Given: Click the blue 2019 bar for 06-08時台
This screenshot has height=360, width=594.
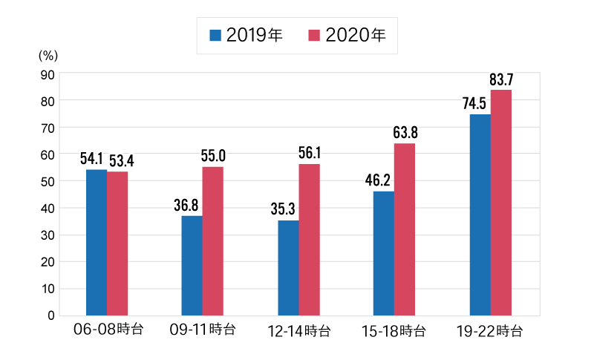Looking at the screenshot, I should coord(97,242).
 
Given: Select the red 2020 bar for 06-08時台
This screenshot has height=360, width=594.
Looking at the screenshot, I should coord(117,243).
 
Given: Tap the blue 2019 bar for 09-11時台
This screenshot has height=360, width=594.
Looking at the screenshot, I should coord(192,265).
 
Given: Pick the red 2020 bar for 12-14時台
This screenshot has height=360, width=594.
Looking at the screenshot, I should coord(309,239).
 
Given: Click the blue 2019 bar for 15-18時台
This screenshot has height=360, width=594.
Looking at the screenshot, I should coord(383,253).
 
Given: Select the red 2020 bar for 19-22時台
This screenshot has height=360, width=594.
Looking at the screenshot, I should coord(501,202).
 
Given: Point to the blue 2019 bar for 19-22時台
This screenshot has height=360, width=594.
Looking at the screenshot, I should coord(480,215).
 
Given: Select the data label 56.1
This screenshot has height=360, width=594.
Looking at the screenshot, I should coord(310,153).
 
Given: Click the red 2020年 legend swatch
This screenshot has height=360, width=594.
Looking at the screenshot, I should coord(314,36).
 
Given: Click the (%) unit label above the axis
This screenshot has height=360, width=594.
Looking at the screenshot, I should coord(48,55).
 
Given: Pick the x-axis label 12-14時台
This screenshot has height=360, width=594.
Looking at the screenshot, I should coord(298,330).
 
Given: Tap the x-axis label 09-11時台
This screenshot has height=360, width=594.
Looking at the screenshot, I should coord(203,330).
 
